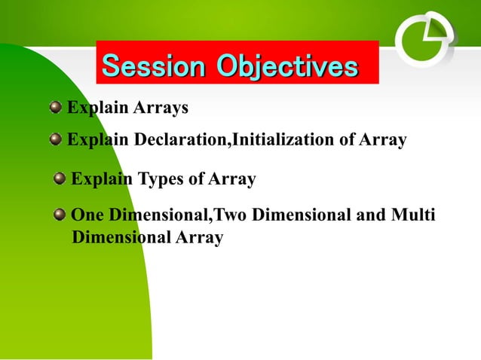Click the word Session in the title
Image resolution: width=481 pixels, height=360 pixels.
155,66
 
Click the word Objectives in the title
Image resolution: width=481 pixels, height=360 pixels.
286,66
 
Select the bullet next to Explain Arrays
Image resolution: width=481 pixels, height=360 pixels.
56,108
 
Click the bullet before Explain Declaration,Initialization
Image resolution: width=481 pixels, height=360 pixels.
56,140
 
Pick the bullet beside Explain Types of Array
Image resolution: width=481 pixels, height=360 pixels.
60,179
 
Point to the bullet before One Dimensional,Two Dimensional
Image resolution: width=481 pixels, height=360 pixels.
60,215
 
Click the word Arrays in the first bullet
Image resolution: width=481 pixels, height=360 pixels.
161,108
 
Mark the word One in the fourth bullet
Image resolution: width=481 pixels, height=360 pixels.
87,215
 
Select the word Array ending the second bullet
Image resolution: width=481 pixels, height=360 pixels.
383,140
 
